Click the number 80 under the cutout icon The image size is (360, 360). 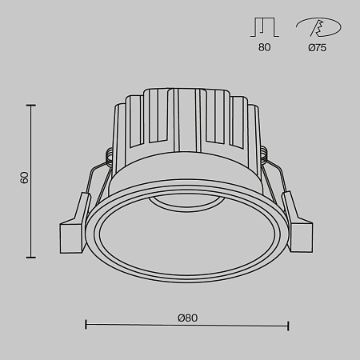265,47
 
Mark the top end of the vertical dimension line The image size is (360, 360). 32,104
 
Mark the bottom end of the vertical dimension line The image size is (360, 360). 32,258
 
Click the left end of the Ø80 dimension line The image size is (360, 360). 86,326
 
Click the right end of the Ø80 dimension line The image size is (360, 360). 288,326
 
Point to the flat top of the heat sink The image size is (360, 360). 186,89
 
